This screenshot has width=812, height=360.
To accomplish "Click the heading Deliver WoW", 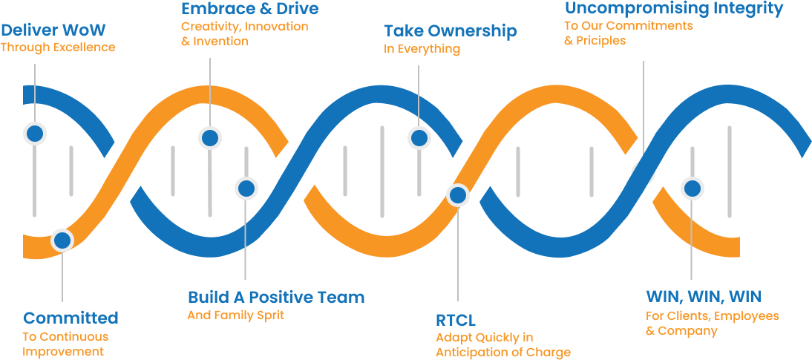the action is coord(53,29).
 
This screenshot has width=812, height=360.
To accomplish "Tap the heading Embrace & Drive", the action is coord(250,8).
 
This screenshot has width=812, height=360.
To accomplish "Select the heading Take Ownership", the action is coord(451,31).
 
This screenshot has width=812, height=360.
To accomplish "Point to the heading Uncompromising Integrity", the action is coord(674,8).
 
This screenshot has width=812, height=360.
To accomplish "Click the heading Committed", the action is coord(71,318).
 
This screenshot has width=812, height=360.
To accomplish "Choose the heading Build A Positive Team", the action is coord(276,298).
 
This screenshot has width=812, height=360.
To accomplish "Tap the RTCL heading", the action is coord(456,320).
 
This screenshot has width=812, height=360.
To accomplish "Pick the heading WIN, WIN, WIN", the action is coord(704,297).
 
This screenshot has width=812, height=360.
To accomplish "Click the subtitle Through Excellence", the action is coord(58,48).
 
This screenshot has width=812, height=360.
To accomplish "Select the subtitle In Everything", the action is coord(422,49).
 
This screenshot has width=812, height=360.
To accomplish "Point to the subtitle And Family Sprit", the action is coord(235,315).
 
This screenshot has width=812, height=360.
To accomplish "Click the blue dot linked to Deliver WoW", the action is coord(35,134).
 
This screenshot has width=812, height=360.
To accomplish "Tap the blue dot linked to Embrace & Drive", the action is coord(210,138).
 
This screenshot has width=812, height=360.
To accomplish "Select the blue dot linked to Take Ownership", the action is coord(419,138).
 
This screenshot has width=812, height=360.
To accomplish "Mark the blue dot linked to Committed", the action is coord(62,240).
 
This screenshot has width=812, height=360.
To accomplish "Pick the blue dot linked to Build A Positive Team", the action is coord(246,188).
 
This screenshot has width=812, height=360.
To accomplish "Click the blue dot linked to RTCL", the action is coord(458,195).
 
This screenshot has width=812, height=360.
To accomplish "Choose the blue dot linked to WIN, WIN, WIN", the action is coord(693,189).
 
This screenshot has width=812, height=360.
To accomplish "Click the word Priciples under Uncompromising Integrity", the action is coord(601,40).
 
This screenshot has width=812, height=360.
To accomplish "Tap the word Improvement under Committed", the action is coord(63,352).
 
